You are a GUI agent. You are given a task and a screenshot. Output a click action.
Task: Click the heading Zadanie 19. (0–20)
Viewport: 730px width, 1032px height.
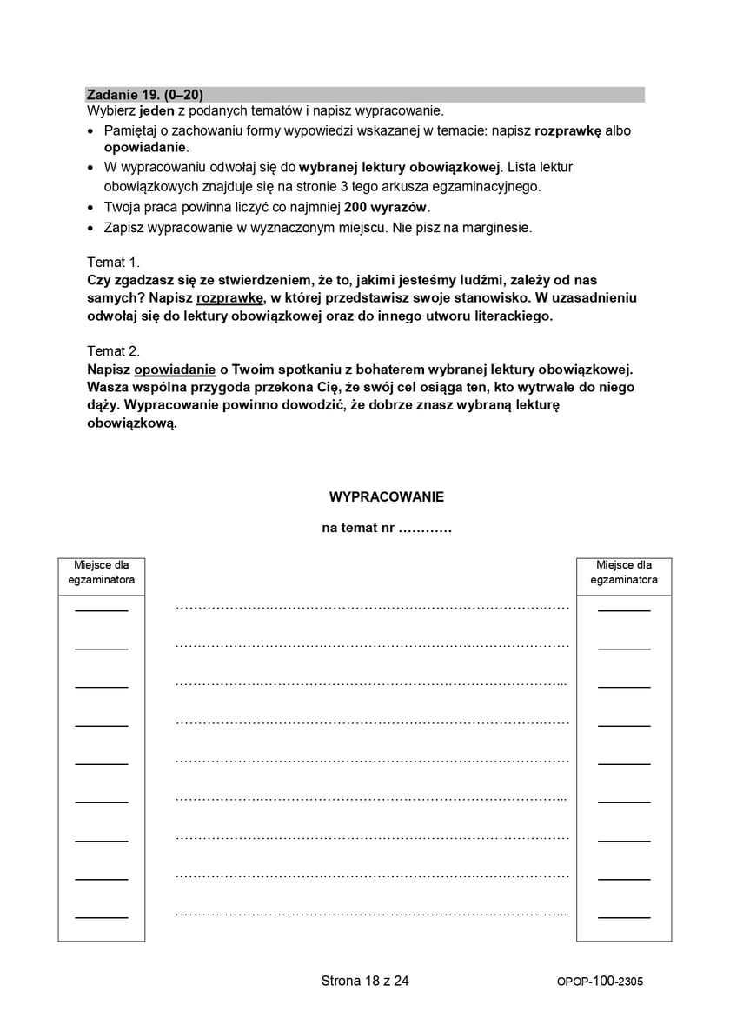pos(144,95)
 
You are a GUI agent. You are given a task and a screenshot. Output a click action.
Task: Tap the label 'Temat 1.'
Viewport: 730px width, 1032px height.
pos(113,262)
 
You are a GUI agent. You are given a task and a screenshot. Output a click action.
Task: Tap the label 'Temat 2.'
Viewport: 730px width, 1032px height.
pos(113,351)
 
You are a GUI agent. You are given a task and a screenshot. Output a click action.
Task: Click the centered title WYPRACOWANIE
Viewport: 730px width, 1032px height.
pos(386,497)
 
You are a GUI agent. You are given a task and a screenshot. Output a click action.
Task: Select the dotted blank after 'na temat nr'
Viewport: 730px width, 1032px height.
pos(425,528)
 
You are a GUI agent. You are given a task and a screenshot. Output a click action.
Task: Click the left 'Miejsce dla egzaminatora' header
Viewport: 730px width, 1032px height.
pos(102,572)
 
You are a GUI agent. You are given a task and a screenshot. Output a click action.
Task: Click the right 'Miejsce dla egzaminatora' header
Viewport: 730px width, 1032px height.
pos(624,572)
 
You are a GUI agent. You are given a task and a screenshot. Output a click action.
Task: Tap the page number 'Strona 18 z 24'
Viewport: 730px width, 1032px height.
pos(365,981)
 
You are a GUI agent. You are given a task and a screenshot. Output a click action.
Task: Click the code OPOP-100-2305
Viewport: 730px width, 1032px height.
pos(600,982)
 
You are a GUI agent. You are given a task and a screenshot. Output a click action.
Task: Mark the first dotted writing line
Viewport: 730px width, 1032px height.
pos(372,608)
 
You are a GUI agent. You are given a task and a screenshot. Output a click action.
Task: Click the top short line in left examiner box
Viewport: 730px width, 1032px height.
pos(101,610)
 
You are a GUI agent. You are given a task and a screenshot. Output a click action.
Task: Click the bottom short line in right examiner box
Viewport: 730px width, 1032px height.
pos(624,917)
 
